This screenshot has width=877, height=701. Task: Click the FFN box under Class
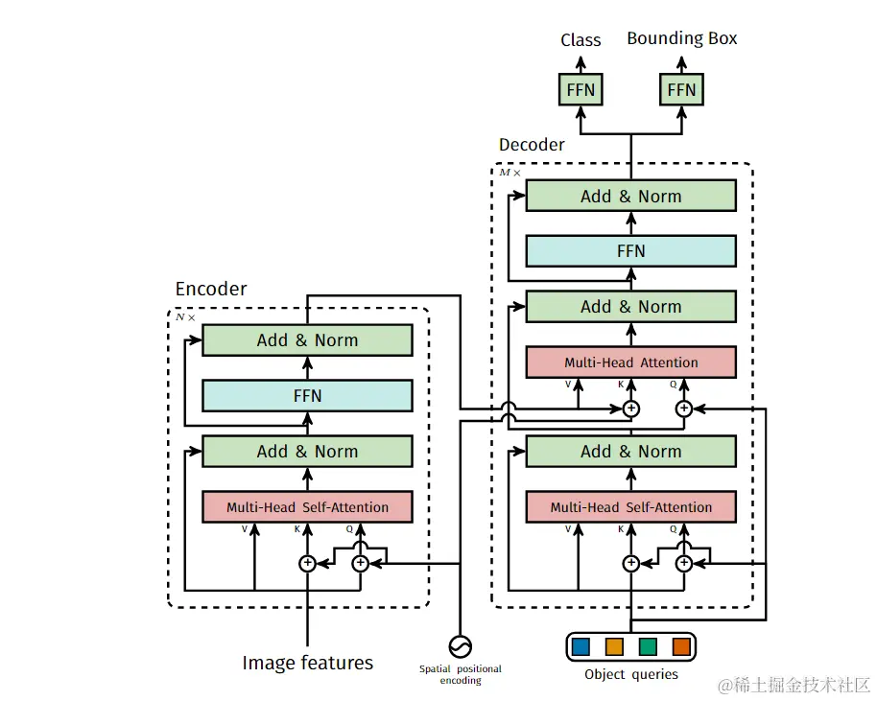581,90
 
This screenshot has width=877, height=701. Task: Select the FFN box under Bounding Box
681,90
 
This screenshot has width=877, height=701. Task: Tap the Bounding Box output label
681,38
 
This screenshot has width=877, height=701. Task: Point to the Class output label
581,40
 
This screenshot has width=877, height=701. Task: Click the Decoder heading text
532,145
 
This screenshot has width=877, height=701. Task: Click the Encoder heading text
211,289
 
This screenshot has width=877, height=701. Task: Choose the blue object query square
581,646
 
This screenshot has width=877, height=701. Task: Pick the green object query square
648,646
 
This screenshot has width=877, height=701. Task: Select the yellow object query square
614,646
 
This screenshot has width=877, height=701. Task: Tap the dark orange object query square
681,646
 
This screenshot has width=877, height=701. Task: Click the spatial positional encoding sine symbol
461,645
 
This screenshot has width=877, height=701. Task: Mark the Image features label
307,663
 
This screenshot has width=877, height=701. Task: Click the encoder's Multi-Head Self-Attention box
307,507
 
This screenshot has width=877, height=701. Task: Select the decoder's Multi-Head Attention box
630,362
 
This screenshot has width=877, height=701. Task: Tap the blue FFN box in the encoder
307,395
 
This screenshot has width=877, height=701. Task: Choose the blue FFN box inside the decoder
630,251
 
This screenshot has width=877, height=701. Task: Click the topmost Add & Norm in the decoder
630,196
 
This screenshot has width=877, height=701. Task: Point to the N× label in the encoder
185,316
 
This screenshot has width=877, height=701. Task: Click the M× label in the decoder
510,173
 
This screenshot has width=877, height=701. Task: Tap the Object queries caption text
630,674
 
